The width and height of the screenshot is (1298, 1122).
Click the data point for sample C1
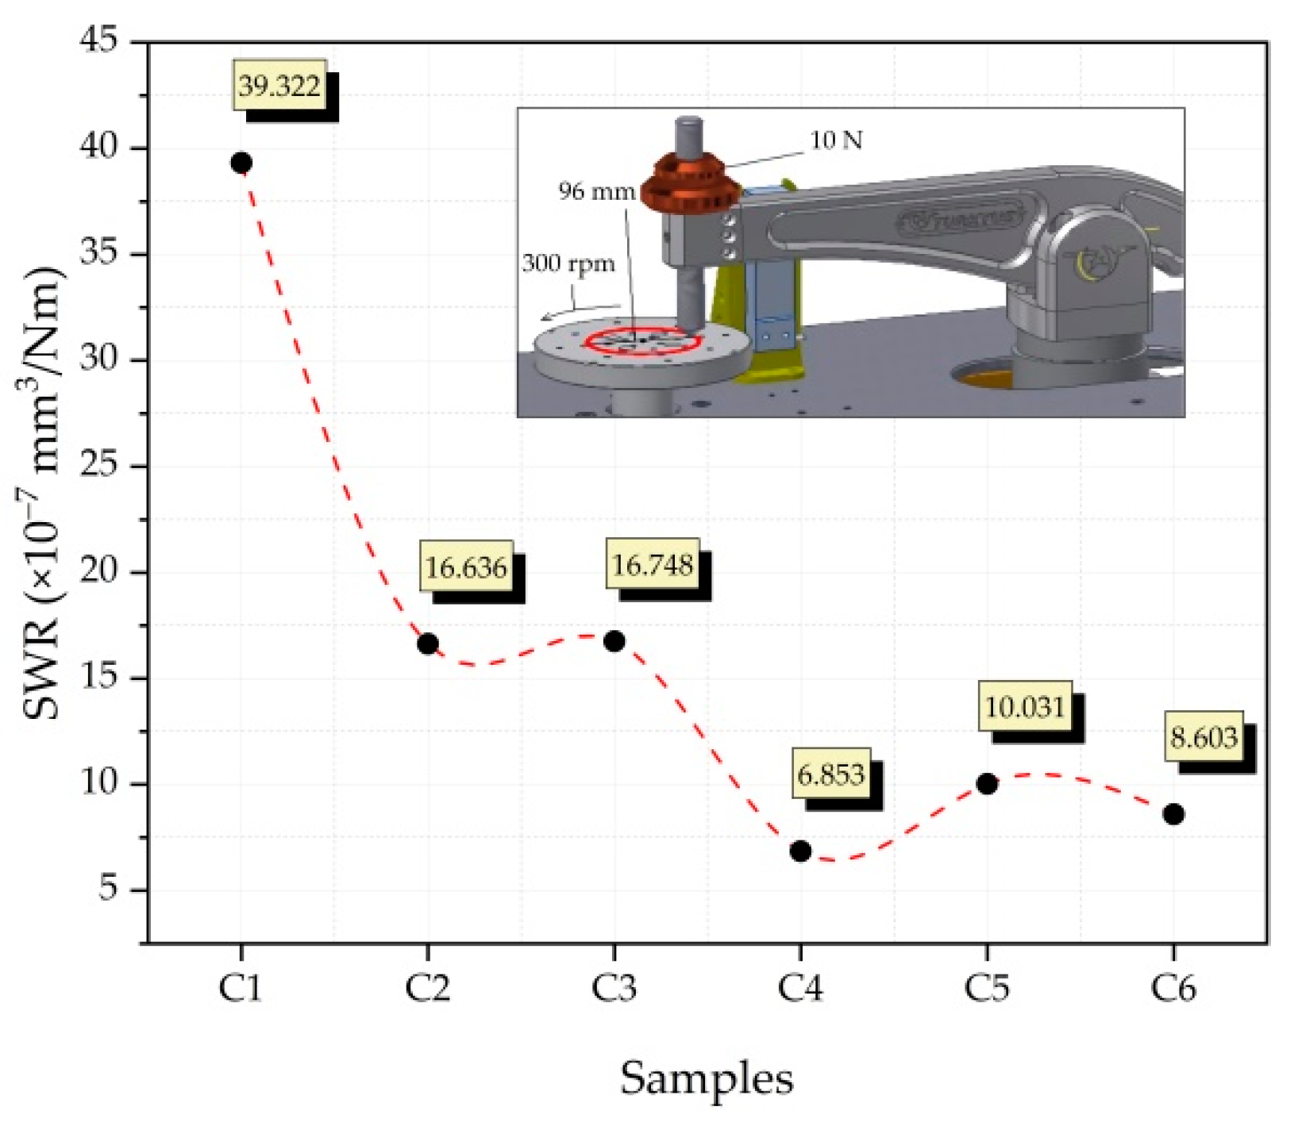coord(241,163)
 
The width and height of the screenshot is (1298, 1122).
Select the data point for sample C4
coord(800,851)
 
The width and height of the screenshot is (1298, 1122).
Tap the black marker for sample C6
coord(1173,814)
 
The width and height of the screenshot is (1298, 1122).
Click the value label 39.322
coord(279,86)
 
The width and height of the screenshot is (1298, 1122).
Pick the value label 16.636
coord(466,567)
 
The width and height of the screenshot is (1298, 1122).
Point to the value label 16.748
coord(653,565)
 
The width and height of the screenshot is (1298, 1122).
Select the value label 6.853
coord(830,774)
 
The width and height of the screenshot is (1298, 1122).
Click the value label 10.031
coord(1025,706)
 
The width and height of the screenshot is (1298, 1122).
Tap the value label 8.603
coord(1204,738)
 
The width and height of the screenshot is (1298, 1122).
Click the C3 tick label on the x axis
coord(614,989)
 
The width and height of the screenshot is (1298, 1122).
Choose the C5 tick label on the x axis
coord(987,989)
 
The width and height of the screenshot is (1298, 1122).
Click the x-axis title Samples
coord(706,1078)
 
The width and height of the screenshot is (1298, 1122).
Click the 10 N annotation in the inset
coord(835,140)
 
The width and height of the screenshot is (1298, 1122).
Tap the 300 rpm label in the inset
coord(568,263)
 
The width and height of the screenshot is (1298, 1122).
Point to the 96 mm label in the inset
coord(596,191)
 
